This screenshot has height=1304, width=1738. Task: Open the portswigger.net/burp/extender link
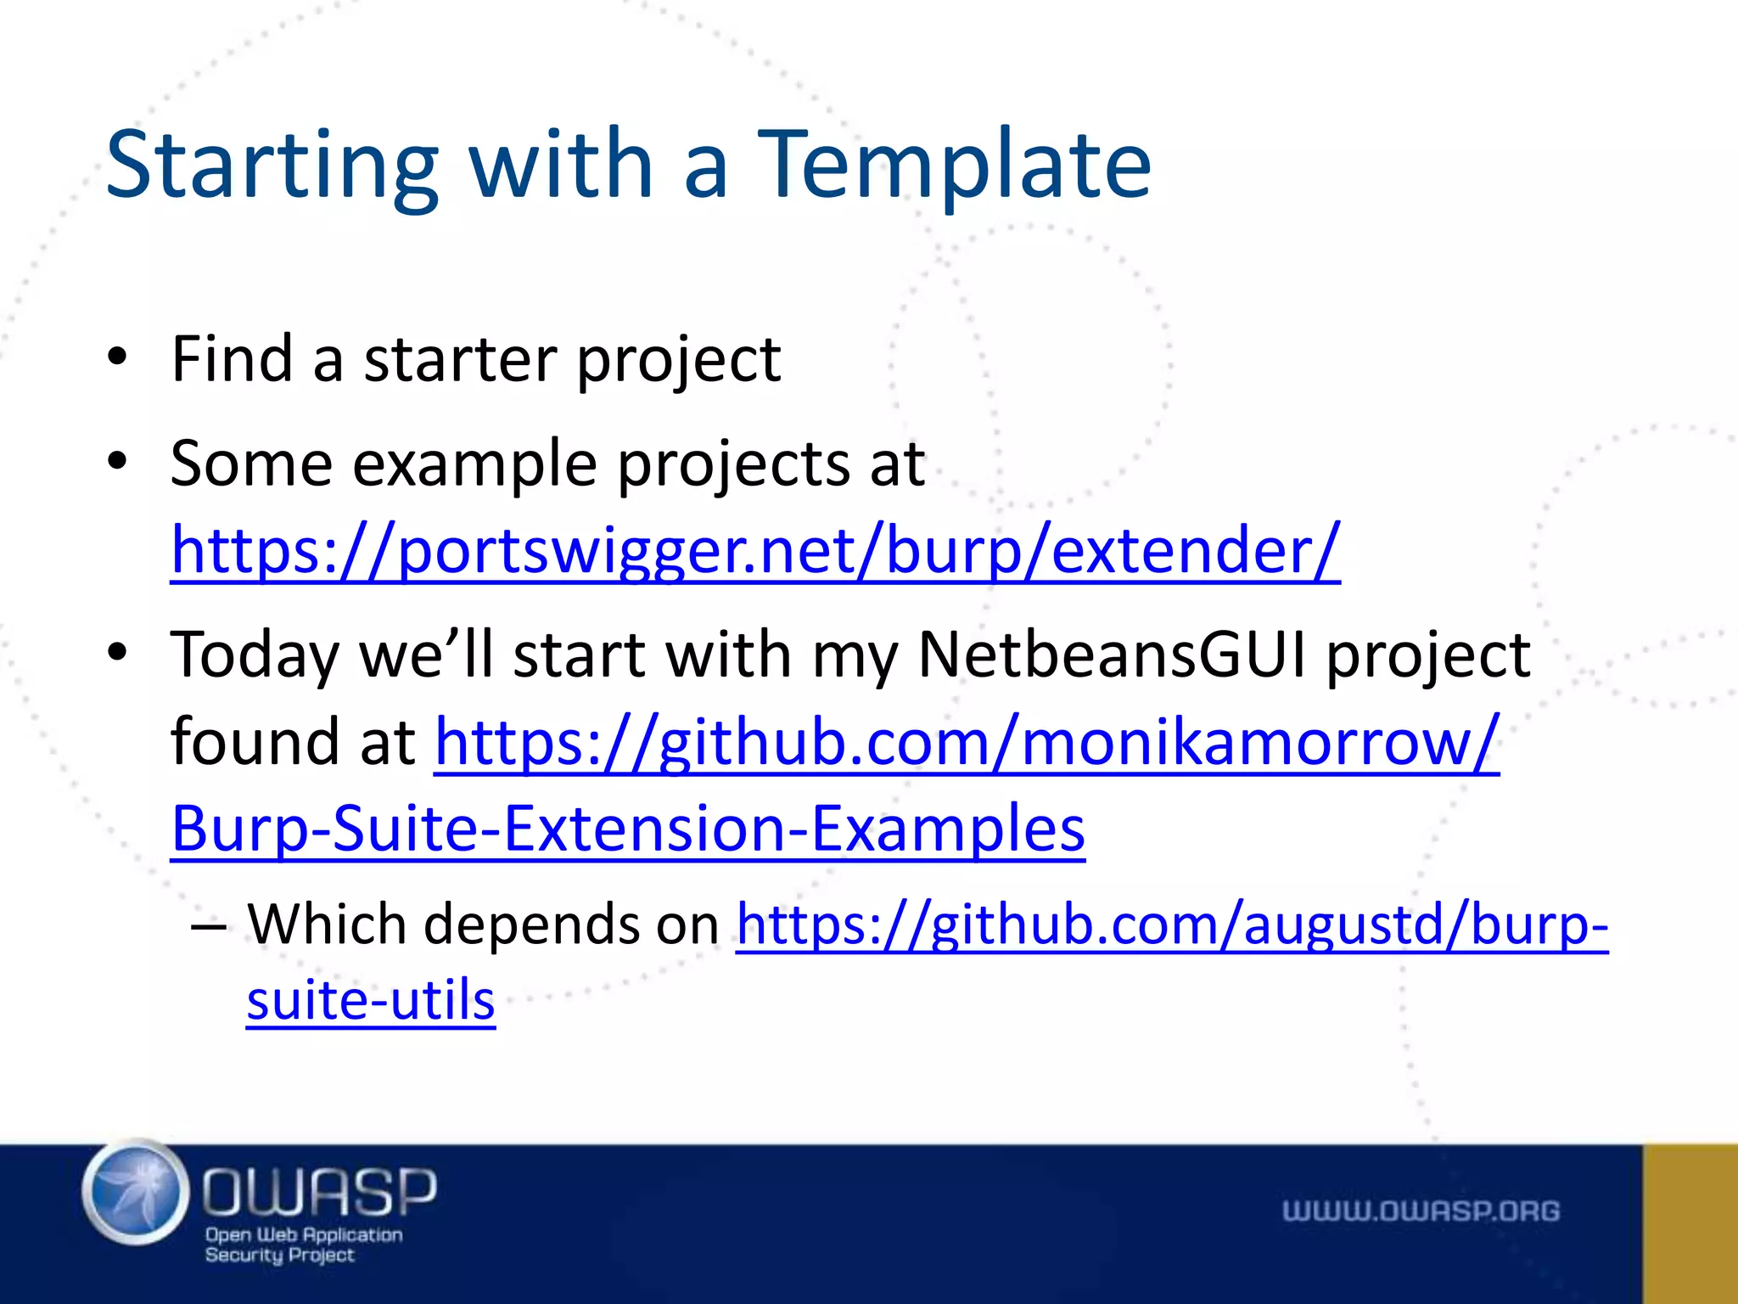(x=755, y=550)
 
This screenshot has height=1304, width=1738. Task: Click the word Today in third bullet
(x=254, y=656)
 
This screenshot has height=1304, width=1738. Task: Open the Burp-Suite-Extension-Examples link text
(x=628, y=829)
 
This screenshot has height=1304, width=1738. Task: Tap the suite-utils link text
(x=371, y=1000)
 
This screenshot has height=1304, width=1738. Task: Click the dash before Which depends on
(x=209, y=926)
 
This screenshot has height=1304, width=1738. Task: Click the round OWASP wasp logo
(x=136, y=1193)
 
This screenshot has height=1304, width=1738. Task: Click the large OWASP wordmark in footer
(x=319, y=1191)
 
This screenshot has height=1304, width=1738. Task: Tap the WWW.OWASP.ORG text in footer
(x=1421, y=1211)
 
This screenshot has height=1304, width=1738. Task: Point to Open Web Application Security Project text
(x=303, y=1245)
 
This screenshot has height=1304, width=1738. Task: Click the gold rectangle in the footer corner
(x=1690, y=1223)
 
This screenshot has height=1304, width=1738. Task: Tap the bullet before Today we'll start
(x=117, y=653)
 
